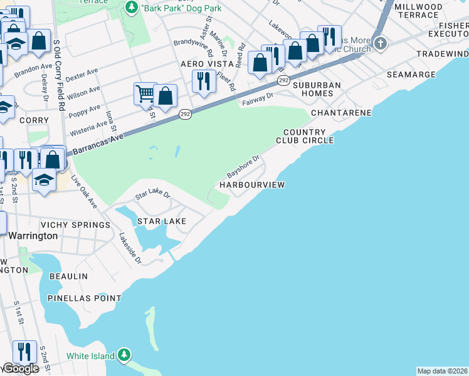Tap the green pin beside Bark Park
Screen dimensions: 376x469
pyautogui.click(x=132, y=8)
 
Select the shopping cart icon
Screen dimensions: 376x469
pyautogui.click(x=145, y=95)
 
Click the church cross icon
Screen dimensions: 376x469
pyautogui.click(x=381, y=44)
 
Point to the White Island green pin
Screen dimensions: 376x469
pyautogui.click(x=124, y=356)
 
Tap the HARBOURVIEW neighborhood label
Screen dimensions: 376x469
pyautogui.click(x=251, y=185)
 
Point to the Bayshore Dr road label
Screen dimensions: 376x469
pyautogui.click(x=243, y=166)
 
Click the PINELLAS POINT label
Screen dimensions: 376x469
pyautogui.click(x=85, y=298)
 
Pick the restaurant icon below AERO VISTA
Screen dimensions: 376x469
pyautogui.click(x=203, y=82)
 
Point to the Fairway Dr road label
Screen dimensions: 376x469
pyautogui.click(x=257, y=99)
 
